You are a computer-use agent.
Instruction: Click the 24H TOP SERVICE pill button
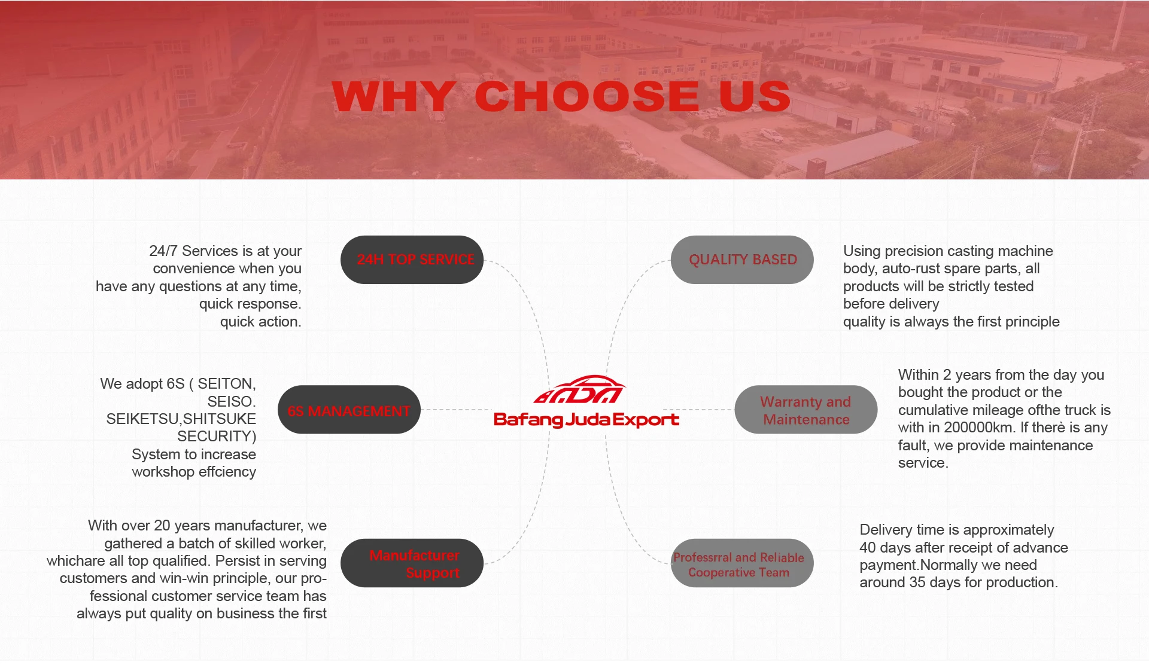click(x=412, y=260)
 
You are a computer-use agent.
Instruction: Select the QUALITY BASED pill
click(x=742, y=260)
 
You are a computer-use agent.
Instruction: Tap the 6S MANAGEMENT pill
click(x=349, y=410)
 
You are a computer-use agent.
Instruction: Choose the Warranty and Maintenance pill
click(x=805, y=410)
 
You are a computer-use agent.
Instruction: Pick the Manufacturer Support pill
click(x=412, y=563)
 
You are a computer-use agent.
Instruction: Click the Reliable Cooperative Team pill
click(x=742, y=563)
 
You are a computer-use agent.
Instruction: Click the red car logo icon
click(x=580, y=390)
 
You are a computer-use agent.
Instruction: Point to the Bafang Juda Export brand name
click(x=586, y=420)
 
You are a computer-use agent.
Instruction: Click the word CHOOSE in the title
click(x=587, y=96)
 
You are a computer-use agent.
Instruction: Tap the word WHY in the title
click(x=394, y=96)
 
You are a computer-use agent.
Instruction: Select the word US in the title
click(x=755, y=96)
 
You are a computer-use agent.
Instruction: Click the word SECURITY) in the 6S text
click(x=217, y=437)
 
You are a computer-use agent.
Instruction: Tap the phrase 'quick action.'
click(x=261, y=322)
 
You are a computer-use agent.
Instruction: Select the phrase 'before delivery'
click(x=891, y=304)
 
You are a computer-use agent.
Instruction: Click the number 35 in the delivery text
click(x=918, y=582)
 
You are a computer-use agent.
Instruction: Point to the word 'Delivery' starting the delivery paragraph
click(x=886, y=530)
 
